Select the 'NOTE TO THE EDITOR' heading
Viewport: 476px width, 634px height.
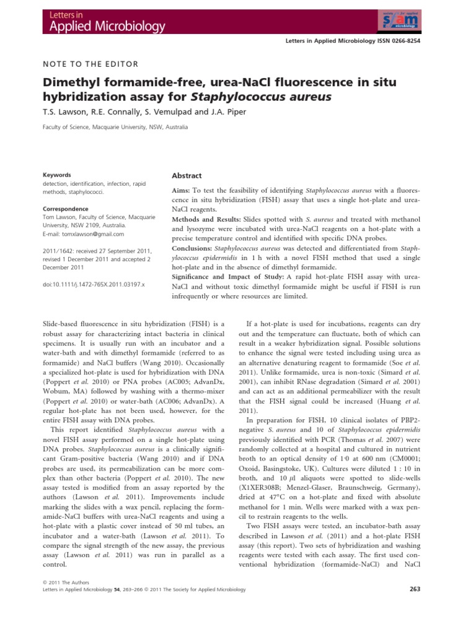click(x=90, y=64)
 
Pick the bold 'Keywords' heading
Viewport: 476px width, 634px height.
click(x=56, y=175)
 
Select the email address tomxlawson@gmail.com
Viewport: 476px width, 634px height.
click(x=82, y=234)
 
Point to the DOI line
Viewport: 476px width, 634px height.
click(x=93, y=284)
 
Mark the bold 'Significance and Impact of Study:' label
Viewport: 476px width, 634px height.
click(x=229, y=276)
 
